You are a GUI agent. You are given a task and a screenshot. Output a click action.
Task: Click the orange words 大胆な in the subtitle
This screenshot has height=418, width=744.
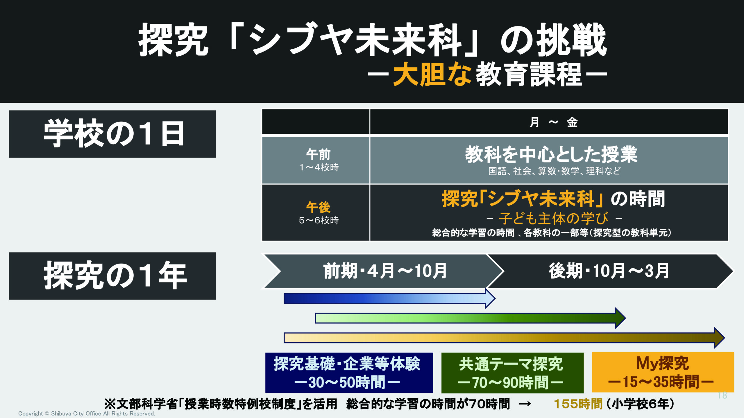(432, 74)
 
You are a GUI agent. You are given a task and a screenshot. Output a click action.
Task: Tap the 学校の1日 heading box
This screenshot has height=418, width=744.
(112, 134)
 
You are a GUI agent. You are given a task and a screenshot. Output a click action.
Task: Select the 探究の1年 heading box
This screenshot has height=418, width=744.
(112, 276)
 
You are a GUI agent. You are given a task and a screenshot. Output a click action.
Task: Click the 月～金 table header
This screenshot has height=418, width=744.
(553, 122)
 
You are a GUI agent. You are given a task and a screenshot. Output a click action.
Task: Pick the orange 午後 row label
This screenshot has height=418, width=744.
(319, 207)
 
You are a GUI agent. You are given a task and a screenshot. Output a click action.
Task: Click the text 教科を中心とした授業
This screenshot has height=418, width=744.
(551, 154)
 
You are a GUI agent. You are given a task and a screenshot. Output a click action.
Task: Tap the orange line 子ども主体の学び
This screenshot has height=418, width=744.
(553, 218)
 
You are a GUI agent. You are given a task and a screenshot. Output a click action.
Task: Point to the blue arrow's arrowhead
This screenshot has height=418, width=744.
(490, 298)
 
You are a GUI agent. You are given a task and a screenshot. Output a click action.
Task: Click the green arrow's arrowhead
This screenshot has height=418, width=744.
(620, 318)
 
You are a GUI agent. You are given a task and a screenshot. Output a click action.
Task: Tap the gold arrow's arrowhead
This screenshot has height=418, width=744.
(720, 338)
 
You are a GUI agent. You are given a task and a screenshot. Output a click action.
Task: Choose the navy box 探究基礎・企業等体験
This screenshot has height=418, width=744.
(349, 373)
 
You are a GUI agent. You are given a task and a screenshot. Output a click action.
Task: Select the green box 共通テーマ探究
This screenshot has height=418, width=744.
(512, 373)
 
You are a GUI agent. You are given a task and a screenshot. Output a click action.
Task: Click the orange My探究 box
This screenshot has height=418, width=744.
(663, 372)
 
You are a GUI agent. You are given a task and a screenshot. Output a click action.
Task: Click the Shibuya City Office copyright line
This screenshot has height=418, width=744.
(87, 414)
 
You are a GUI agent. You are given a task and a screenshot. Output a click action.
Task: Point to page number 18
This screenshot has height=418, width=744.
(722, 395)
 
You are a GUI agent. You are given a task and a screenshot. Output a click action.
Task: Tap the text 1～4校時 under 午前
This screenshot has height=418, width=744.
(319, 167)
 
